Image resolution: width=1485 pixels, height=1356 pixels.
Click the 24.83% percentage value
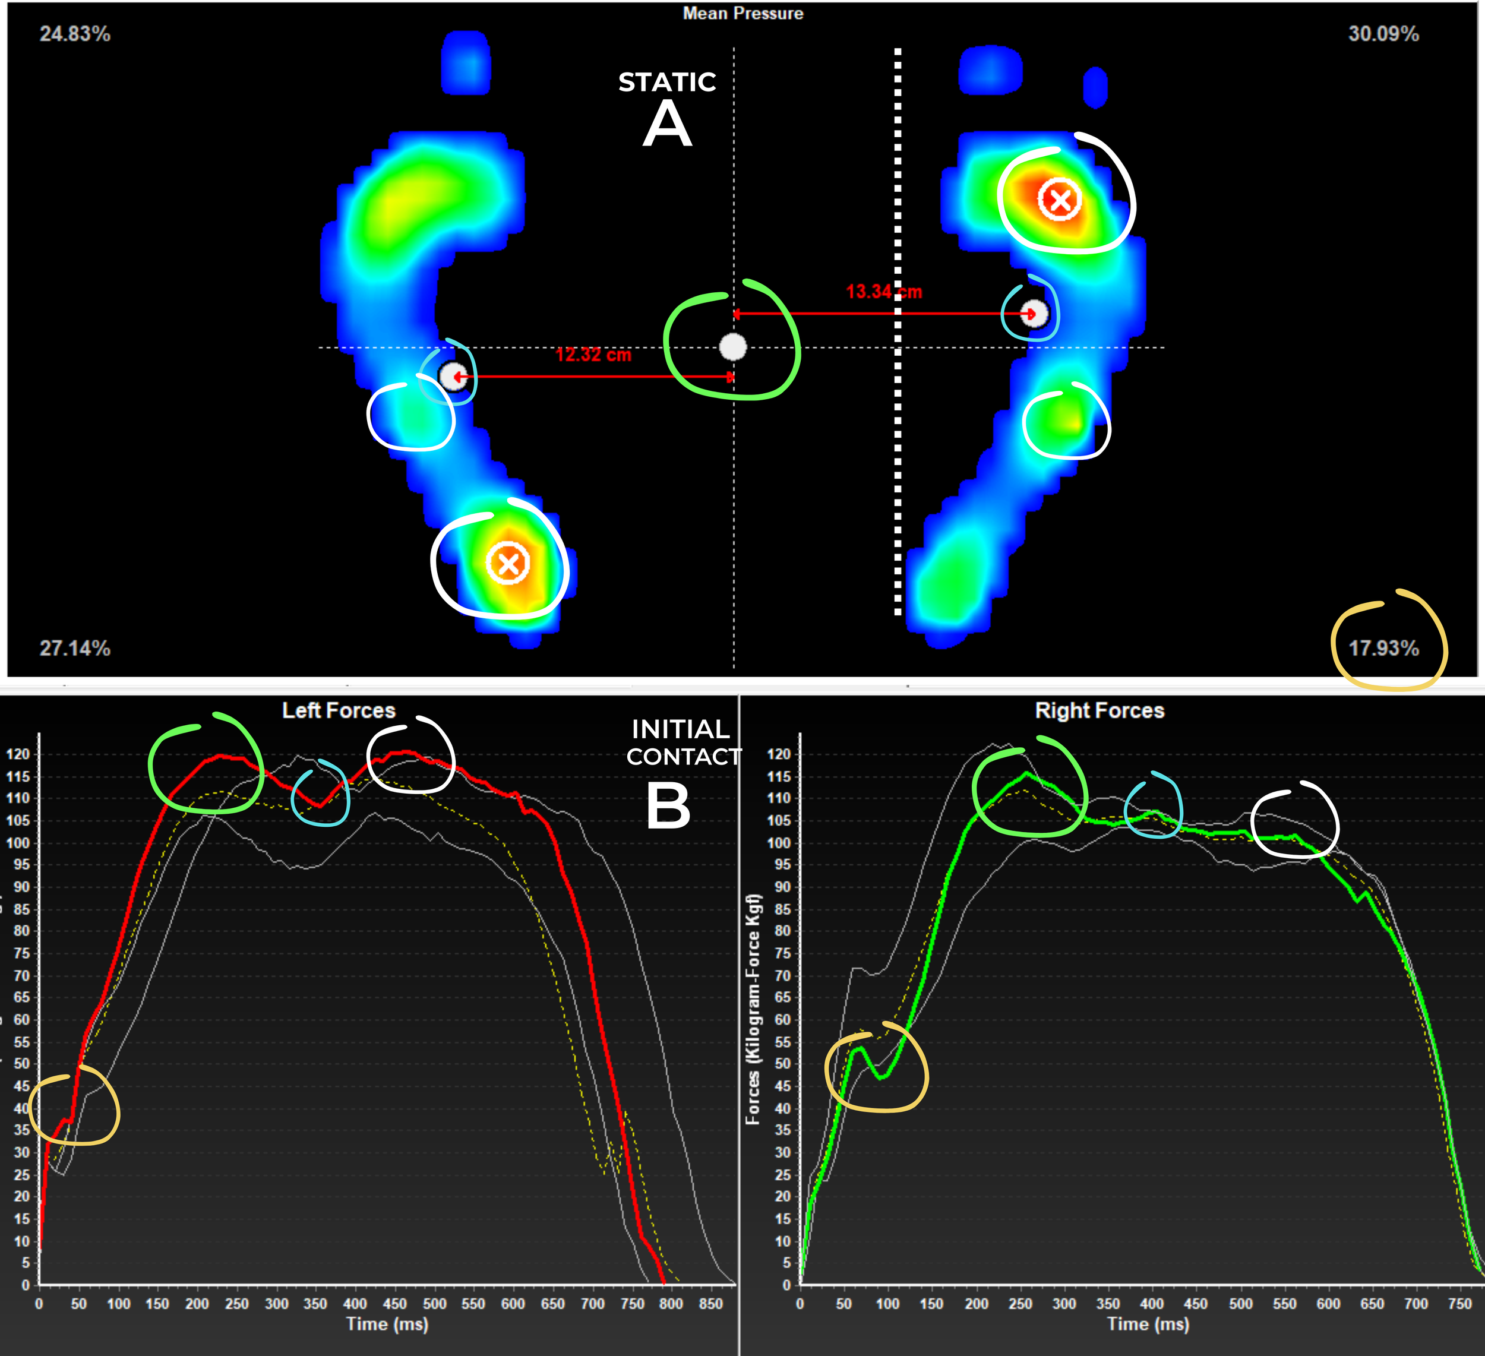click(74, 34)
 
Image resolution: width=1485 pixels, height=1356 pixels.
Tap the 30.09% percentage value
click(1383, 34)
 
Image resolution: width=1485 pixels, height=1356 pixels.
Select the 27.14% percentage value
click(74, 648)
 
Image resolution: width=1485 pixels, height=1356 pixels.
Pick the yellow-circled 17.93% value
click(1383, 648)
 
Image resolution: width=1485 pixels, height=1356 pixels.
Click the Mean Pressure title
click(742, 13)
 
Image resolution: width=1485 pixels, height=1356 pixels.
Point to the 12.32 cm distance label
click(593, 355)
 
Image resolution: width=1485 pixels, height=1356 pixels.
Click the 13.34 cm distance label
click(883, 292)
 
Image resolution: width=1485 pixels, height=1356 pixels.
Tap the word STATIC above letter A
click(666, 82)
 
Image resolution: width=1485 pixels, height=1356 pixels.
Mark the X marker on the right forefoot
click(1059, 200)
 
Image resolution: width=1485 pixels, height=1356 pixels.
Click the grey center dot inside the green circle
click(732, 346)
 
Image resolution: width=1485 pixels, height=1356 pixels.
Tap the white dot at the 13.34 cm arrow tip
click(1034, 314)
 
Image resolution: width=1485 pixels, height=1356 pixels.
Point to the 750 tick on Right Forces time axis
click(1459, 1304)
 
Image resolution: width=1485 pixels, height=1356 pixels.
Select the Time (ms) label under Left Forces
click(387, 1323)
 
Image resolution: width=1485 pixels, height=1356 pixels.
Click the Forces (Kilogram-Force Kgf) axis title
click(752, 1009)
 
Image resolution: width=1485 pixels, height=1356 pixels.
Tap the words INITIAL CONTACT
click(682, 742)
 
